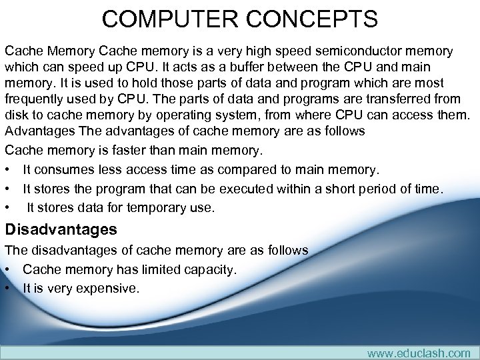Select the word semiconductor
353,51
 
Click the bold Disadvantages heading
61,230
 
